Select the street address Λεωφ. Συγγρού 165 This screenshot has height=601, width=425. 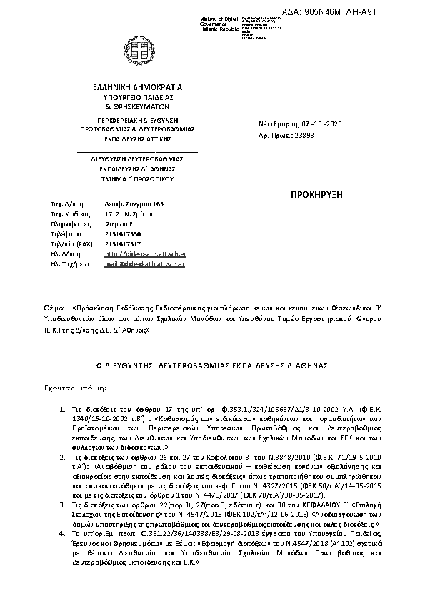click(x=134, y=204)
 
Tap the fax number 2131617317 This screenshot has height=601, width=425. click(x=122, y=243)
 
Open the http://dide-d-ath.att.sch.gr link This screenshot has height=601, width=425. click(x=146, y=253)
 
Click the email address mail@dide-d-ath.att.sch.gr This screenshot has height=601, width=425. click(x=145, y=263)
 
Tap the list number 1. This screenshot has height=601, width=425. click(x=63, y=412)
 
